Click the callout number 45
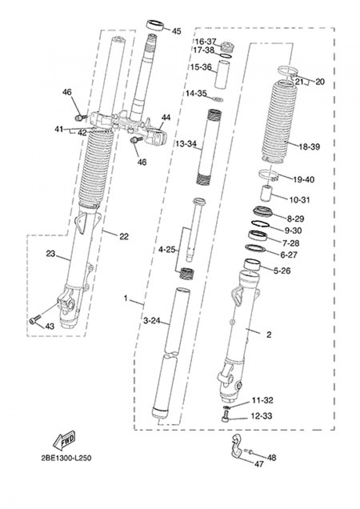coord(176,31)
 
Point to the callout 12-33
coord(262,416)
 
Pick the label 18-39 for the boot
coord(309,147)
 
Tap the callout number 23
coord(51,254)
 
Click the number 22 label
coord(123,236)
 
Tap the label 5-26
coord(282,271)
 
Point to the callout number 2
coord(269,335)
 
